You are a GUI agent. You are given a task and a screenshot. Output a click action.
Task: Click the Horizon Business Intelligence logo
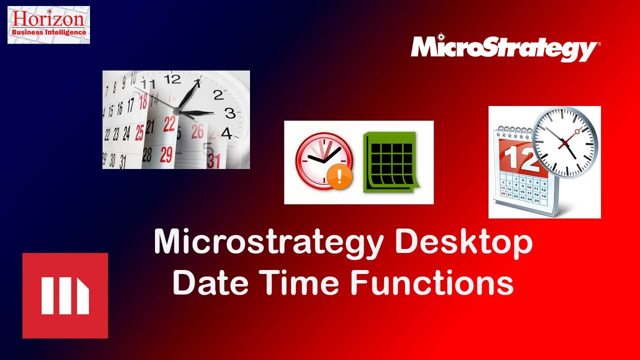(48, 24)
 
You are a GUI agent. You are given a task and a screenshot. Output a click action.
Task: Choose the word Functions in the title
(432, 282)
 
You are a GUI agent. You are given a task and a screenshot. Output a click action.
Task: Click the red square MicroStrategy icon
(65, 295)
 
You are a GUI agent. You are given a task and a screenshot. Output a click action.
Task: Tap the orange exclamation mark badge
(339, 177)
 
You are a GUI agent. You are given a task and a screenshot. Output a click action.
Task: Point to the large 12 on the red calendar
(515, 158)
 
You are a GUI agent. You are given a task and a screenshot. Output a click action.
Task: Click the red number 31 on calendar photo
(214, 160)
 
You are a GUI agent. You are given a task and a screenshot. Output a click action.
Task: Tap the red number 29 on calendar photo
(166, 152)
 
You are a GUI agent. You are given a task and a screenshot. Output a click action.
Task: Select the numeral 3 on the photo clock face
(229, 113)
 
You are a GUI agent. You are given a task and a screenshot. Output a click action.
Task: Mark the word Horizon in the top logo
(49, 18)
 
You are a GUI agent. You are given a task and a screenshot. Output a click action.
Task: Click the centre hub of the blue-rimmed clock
(566, 143)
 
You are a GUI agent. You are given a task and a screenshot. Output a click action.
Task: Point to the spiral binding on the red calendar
(512, 130)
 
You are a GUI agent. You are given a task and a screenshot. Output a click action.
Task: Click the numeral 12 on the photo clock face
(172, 79)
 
